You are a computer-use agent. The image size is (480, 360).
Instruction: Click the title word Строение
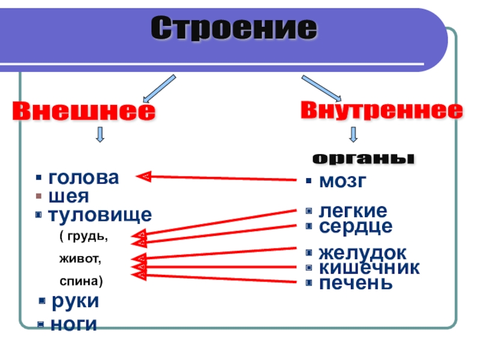pyautogui.click(x=233, y=28)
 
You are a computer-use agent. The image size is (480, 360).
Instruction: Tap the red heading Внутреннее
pyautogui.click(x=382, y=110)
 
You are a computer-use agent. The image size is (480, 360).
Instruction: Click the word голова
pyautogui.click(x=83, y=178)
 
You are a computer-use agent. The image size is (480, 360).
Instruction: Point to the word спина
pyautogui.click(x=80, y=280)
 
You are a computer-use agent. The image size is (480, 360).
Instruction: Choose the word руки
pyautogui.click(x=75, y=301)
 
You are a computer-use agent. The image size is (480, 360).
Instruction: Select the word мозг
pyautogui.click(x=341, y=181)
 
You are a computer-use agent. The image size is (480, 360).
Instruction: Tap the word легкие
pyautogui.click(x=353, y=211)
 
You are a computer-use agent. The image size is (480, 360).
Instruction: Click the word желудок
pyautogui.click(x=362, y=253)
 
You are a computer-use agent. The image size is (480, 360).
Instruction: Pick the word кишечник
pyautogui.click(x=369, y=268)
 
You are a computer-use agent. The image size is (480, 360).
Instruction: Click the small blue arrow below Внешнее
pyautogui.click(x=100, y=134)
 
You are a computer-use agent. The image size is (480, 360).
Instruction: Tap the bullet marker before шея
pyautogui.click(x=38, y=196)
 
